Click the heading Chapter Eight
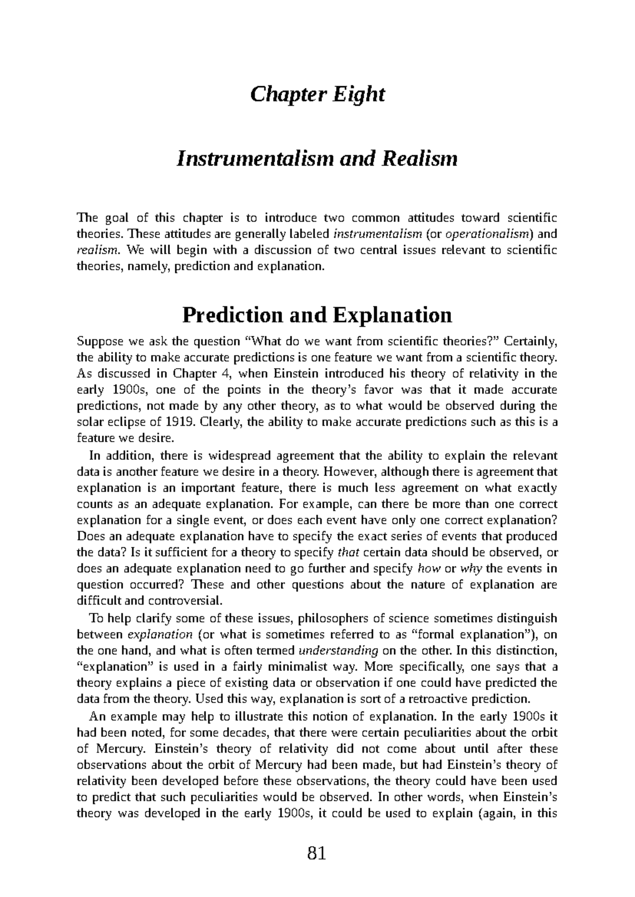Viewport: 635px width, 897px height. click(x=317, y=95)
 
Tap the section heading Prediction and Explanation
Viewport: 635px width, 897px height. click(x=317, y=315)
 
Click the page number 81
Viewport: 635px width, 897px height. click(x=316, y=853)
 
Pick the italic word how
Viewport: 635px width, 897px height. click(x=429, y=569)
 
